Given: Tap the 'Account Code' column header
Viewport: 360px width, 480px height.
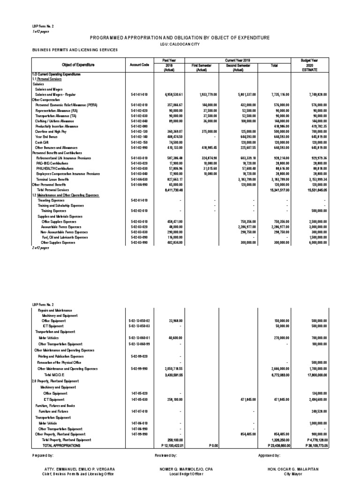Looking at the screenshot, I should [x=139, y=65].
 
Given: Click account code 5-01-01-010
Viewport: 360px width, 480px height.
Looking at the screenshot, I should [x=139, y=95].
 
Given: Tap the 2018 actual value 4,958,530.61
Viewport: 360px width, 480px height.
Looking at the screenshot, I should [x=170, y=95].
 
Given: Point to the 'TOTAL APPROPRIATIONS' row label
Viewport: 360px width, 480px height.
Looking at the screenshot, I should [x=61, y=445].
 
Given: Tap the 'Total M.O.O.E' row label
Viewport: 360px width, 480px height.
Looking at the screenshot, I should [x=53, y=375].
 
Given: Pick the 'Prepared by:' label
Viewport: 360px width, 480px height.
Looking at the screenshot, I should [x=44, y=455].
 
